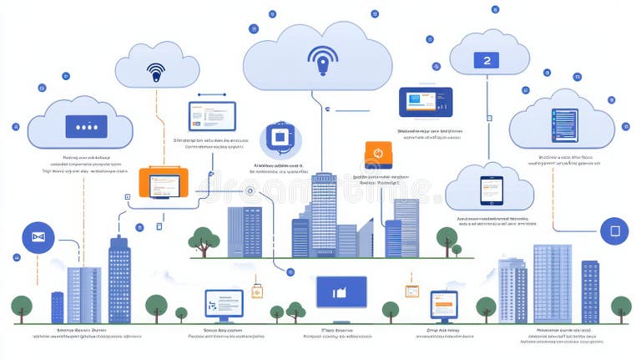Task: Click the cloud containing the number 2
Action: [x=489, y=58]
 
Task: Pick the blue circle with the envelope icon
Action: [x=38, y=237]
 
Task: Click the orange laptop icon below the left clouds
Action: [x=164, y=182]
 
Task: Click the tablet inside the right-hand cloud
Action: [x=491, y=190]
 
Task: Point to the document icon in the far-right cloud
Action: [x=564, y=126]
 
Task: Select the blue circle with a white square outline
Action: [x=614, y=231]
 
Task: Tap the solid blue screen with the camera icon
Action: [x=341, y=292]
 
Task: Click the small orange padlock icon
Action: [x=257, y=292]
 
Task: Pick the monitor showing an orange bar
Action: [x=444, y=305]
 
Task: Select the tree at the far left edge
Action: [x=21, y=307]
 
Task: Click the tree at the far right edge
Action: [x=620, y=307]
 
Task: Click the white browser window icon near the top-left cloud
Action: [x=212, y=115]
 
